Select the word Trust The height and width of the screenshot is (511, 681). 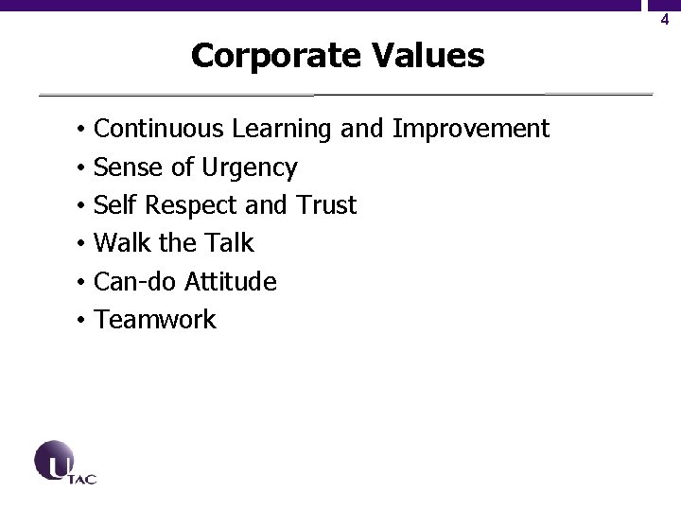point(325,205)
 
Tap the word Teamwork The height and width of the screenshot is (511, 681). point(155,320)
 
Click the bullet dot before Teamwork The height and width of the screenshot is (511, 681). point(83,321)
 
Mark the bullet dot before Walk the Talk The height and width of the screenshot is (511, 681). point(83,244)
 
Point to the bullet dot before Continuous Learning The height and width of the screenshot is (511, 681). point(83,129)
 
